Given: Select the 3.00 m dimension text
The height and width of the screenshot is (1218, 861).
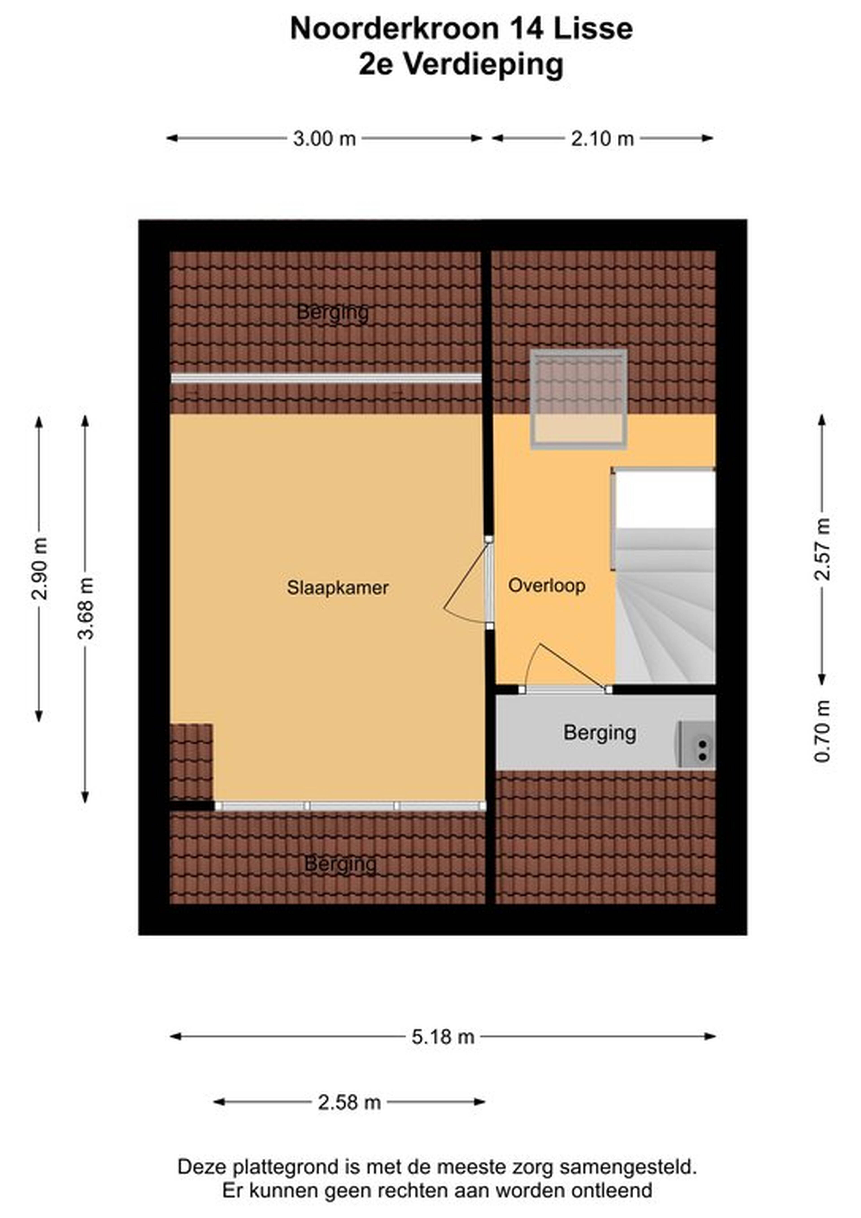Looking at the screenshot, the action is (324, 139).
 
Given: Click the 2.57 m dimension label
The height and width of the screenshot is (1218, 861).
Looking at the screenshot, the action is (822, 549).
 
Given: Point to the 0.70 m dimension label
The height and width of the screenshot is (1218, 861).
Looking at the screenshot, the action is (822, 731).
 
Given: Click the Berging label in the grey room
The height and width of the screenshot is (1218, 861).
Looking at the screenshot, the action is (600, 733).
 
